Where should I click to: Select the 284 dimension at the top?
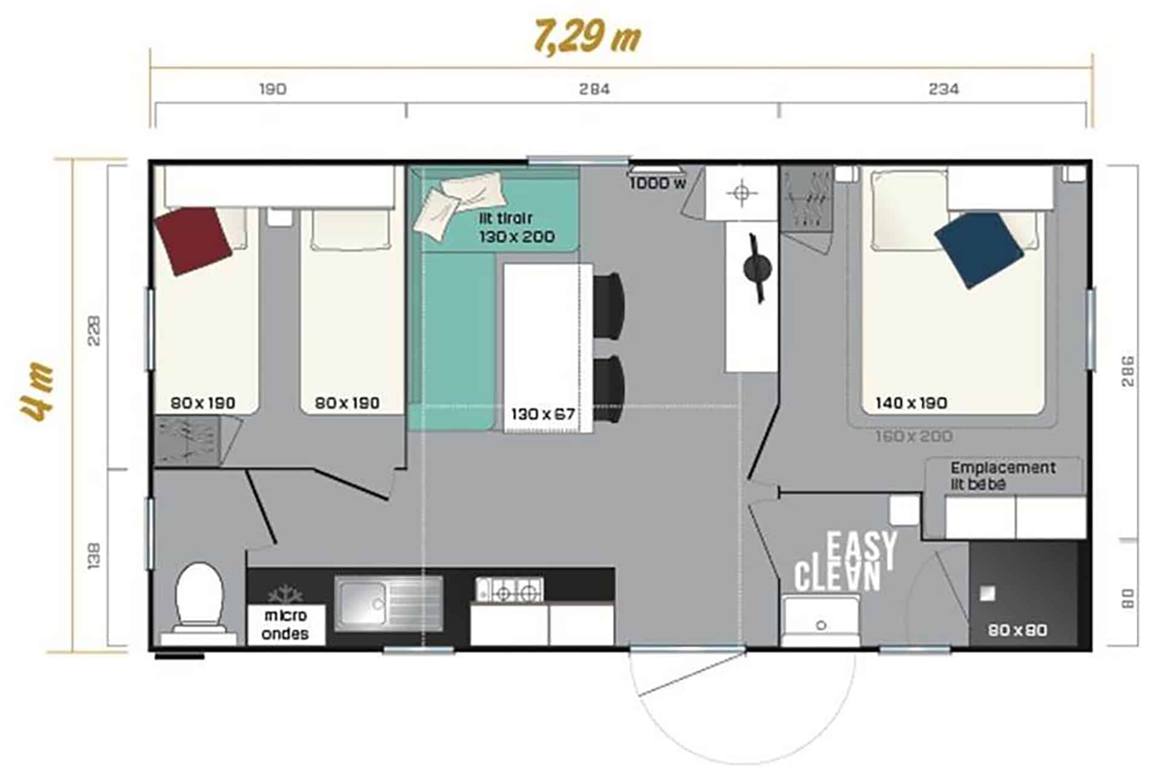coord(594,89)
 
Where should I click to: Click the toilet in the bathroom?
coord(198,599)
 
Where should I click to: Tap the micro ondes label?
coord(285,625)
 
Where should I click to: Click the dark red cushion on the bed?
coord(193,241)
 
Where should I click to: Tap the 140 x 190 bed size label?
coord(911,403)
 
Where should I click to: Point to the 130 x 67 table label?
coord(542,414)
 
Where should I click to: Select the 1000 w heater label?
coord(657,183)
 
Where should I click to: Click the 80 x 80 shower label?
coord(1017,630)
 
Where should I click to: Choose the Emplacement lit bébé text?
coord(1002,476)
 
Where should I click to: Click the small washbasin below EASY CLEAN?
coord(820,622)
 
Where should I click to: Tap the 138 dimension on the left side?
coord(94,556)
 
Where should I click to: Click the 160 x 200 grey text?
coord(913,436)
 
